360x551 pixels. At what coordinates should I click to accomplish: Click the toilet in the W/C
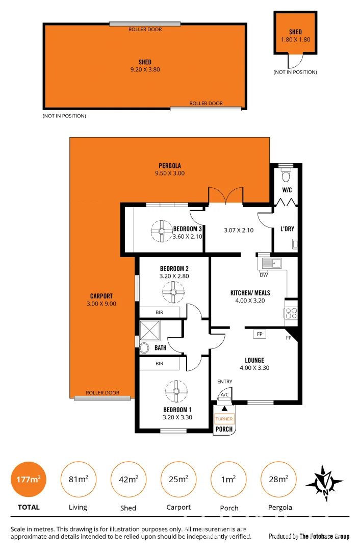pyautogui.click(x=286, y=177)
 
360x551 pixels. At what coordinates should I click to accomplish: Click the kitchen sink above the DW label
pyautogui.click(x=271, y=263)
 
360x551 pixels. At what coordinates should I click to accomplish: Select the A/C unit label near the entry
pyautogui.click(x=224, y=395)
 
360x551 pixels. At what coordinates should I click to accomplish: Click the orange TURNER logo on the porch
pyautogui.click(x=224, y=419)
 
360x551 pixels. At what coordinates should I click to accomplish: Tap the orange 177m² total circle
pyautogui.click(x=29, y=479)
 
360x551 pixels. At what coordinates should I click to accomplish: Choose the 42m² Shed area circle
pyautogui.click(x=128, y=479)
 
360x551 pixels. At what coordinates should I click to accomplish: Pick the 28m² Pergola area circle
pyautogui.click(x=278, y=479)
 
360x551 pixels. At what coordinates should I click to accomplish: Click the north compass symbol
pyautogui.click(x=324, y=481)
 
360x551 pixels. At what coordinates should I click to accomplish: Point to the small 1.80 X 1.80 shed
pyautogui.click(x=295, y=34)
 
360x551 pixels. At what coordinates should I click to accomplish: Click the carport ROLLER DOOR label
pyautogui.click(x=102, y=393)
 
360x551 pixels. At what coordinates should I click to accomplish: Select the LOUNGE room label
pyautogui.click(x=254, y=360)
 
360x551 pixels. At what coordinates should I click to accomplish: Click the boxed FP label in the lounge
pyautogui.click(x=260, y=334)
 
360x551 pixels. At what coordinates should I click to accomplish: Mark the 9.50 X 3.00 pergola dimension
pyautogui.click(x=170, y=173)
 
